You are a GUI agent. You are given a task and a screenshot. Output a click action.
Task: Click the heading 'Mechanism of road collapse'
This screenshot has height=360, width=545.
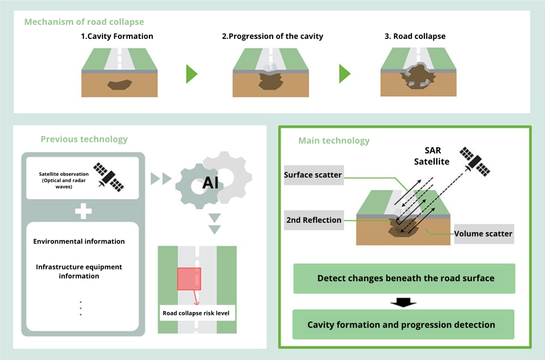pos(84,22)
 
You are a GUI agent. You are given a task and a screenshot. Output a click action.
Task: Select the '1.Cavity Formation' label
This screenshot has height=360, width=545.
pos(117,36)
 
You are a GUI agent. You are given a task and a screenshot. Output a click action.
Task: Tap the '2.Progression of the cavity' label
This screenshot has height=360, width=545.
pos(272,36)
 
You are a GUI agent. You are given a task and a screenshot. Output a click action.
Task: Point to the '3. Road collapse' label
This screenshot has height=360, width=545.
pos(415,36)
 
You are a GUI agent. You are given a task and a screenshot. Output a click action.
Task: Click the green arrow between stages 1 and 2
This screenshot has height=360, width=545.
pos(191,74)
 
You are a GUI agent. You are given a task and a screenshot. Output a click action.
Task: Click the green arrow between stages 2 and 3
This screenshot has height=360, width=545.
pos(345,74)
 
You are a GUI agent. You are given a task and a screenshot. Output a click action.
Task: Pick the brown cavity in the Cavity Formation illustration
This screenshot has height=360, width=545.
pos(120,85)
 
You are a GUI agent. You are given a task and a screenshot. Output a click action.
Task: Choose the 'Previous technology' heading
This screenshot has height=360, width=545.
pos(84,139)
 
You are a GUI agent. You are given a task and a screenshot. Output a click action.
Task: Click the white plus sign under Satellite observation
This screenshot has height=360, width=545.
pos(83,211)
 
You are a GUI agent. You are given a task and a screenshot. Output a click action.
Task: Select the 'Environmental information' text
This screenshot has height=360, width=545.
pos(79,241)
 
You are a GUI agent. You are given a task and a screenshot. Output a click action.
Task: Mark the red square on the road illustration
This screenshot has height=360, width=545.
pos(189,278)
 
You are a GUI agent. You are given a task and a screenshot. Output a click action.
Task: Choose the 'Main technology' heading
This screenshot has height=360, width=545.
pos(334,141)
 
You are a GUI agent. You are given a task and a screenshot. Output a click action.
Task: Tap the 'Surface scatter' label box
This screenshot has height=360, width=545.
pos(313,175)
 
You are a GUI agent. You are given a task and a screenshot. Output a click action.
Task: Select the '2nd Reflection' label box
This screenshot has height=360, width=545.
pos(313,220)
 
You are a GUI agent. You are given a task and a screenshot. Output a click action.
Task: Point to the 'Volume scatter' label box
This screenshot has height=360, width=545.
pos(483,234)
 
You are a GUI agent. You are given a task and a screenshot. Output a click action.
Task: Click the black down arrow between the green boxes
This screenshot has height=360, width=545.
pos(403,302)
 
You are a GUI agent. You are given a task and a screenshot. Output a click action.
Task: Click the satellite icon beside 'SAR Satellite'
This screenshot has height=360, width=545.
pos(475,161)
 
